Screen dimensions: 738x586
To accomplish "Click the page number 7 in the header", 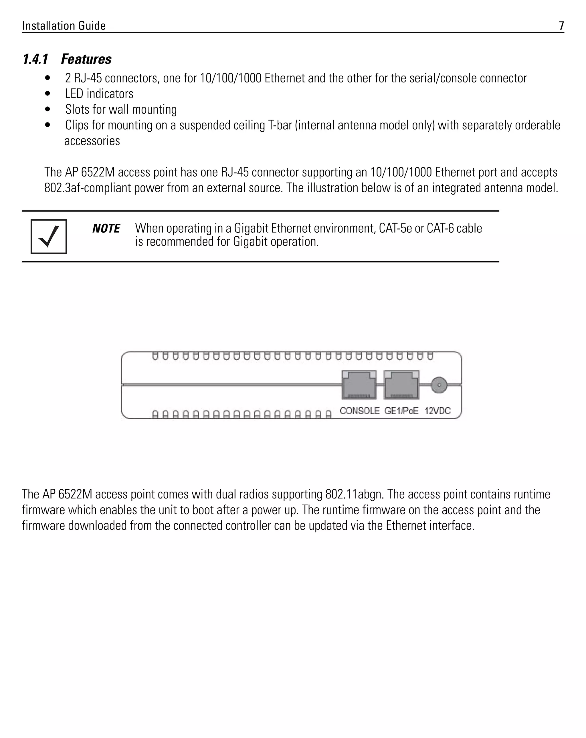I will click(x=561, y=26).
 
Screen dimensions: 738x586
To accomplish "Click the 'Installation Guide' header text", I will click(x=64, y=26).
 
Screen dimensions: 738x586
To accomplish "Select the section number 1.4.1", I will click(x=35, y=59).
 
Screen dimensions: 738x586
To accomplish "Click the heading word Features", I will click(x=86, y=59).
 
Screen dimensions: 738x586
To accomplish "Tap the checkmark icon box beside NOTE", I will click(x=49, y=237).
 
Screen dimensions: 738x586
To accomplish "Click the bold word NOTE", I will click(x=106, y=229).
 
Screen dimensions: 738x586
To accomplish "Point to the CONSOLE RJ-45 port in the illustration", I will click(x=359, y=385).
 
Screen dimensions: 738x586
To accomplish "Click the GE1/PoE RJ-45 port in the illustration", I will click(x=401, y=385).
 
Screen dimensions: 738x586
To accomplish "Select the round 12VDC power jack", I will click(x=439, y=385).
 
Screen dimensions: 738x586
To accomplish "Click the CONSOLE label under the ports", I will click(x=360, y=411).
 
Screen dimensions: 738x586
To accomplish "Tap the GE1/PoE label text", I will click(x=401, y=411).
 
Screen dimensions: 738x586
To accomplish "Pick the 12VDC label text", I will click(x=438, y=411).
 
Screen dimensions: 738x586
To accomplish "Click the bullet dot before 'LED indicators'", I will click(x=47, y=94).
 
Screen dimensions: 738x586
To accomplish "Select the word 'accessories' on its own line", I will click(x=92, y=141).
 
